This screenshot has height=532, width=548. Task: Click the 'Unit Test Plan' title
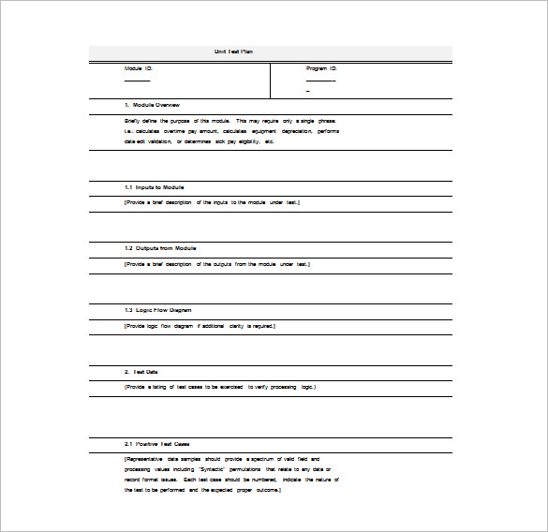pos(233,52)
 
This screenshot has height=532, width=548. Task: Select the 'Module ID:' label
pos(139,68)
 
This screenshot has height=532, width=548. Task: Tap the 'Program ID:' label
pos(321,68)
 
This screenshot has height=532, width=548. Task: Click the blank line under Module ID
pos(137,81)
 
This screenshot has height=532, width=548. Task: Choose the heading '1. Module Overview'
pos(152,105)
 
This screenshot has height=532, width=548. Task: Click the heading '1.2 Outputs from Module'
pos(160,248)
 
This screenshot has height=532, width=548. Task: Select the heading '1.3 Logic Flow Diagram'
pos(159,309)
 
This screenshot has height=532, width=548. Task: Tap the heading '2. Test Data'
pos(141,371)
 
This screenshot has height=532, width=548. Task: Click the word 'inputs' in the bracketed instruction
pos(221,202)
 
